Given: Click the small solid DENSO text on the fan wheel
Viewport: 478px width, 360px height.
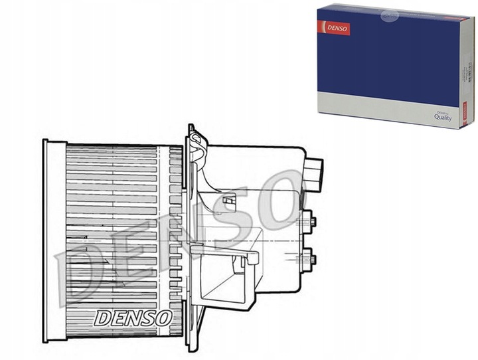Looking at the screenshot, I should coord(133,317).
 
